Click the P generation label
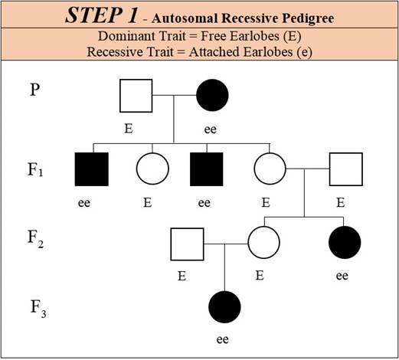(x=35, y=90)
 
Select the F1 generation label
(x=35, y=169)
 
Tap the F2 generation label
(x=35, y=238)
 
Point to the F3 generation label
(x=38, y=309)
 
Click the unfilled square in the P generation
(x=136, y=96)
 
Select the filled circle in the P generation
(x=212, y=95)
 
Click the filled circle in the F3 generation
(x=224, y=307)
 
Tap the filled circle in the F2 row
(x=345, y=242)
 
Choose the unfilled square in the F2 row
(x=187, y=244)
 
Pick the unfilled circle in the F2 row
(x=263, y=243)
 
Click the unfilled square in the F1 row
(x=346, y=169)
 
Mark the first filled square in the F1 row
(x=92, y=169)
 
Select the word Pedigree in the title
(x=308, y=18)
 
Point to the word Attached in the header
(x=215, y=52)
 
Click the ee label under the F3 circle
(x=223, y=339)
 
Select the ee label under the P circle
(x=211, y=129)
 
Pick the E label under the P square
(x=129, y=128)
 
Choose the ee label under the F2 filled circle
(x=342, y=276)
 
